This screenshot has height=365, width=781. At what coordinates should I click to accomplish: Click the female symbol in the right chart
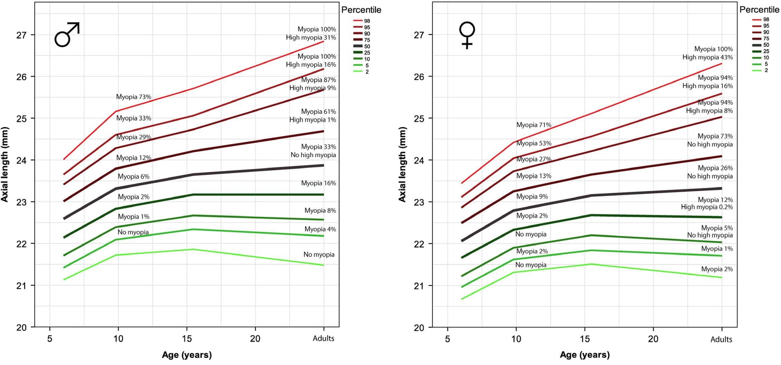pyautogui.click(x=467, y=35)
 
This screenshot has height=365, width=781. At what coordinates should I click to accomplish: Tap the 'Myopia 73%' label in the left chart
pyautogui.click(x=133, y=97)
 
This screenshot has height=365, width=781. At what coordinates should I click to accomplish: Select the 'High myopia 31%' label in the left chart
pyautogui.click(x=311, y=37)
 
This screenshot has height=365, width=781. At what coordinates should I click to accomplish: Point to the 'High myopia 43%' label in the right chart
pyautogui.click(x=707, y=57)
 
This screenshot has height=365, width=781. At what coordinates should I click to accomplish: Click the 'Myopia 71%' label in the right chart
pyautogui.click(x=534, y=125)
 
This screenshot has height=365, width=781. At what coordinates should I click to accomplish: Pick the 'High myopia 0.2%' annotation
pyautogui.click(x=707, y=207)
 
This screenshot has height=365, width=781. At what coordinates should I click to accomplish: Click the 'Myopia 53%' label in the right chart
pyautogui.click(x=534, y=143)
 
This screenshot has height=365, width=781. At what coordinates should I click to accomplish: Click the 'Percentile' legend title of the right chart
pyautogui.click(x=759, y=10)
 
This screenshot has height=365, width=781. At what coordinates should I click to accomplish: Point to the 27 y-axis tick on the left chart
pyautogui.click(x=21, y=35)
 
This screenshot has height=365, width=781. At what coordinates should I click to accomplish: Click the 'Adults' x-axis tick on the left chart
pyautogui.click(x=323, y=338)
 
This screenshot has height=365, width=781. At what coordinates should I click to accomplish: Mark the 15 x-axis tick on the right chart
pyautogui.click(x=585, y=339)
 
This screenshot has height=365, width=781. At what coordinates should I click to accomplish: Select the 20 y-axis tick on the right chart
pyautogui.click(x=419, y=328)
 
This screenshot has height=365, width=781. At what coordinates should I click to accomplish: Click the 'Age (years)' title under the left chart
pyautogui.click(x=187, y=355)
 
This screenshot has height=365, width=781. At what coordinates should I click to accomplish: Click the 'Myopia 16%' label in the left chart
pyautogui.click(x=318, y=183)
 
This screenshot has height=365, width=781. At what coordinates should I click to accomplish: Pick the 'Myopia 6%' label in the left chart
pyautogui.click(x=133, y=176)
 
